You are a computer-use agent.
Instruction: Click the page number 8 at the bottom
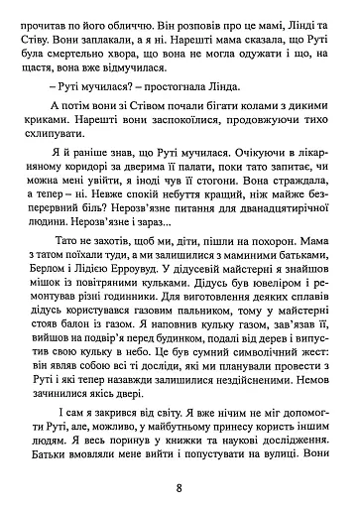(x=180, y=487)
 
